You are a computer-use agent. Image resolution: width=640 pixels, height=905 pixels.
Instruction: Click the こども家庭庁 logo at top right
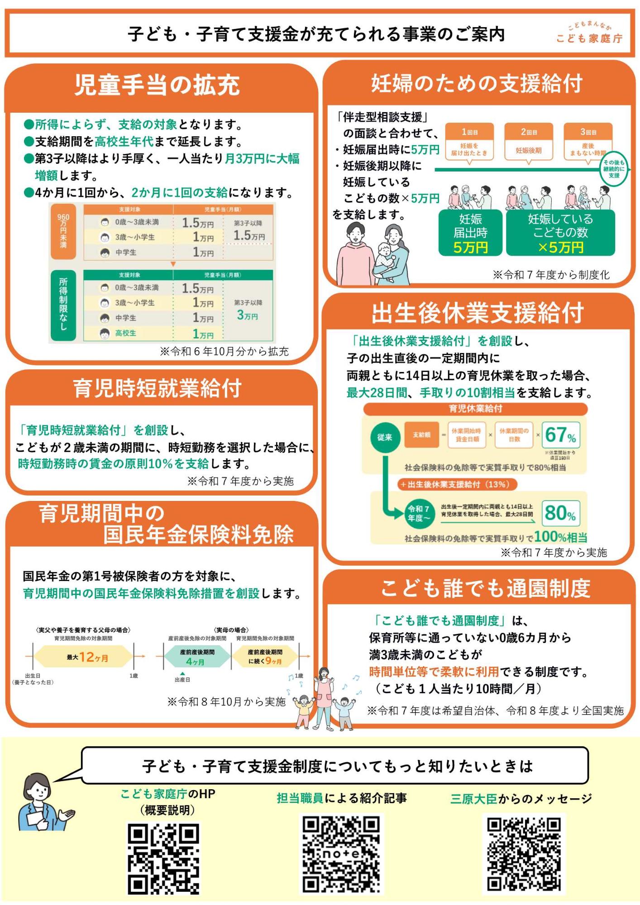click(589, 33)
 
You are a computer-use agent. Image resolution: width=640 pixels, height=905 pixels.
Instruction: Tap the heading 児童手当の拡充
click(157, 85)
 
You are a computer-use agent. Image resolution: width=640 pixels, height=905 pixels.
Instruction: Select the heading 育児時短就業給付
click(157, 388)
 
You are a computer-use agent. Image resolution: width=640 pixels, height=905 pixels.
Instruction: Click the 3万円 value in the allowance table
click(247, 315)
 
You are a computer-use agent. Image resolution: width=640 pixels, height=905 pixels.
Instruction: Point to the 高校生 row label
click(125, 333)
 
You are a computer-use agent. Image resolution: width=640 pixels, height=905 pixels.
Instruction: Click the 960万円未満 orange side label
click(63, 231)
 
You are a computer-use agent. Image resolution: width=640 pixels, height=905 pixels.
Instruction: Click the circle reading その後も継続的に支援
click(614, 169)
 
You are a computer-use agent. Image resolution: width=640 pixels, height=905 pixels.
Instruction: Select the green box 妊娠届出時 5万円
click(470, 233)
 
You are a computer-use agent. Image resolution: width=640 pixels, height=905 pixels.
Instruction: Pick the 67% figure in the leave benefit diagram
click(560, 435)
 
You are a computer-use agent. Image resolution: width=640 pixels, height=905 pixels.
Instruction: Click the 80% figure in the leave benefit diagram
click(560, 513)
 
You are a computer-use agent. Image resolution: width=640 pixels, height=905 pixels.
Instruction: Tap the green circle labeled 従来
click(385, 437)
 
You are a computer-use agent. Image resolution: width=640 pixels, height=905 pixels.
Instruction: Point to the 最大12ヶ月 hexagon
click(84, 657)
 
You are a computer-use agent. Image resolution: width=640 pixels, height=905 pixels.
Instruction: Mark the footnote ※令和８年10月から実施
click(226, 702)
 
